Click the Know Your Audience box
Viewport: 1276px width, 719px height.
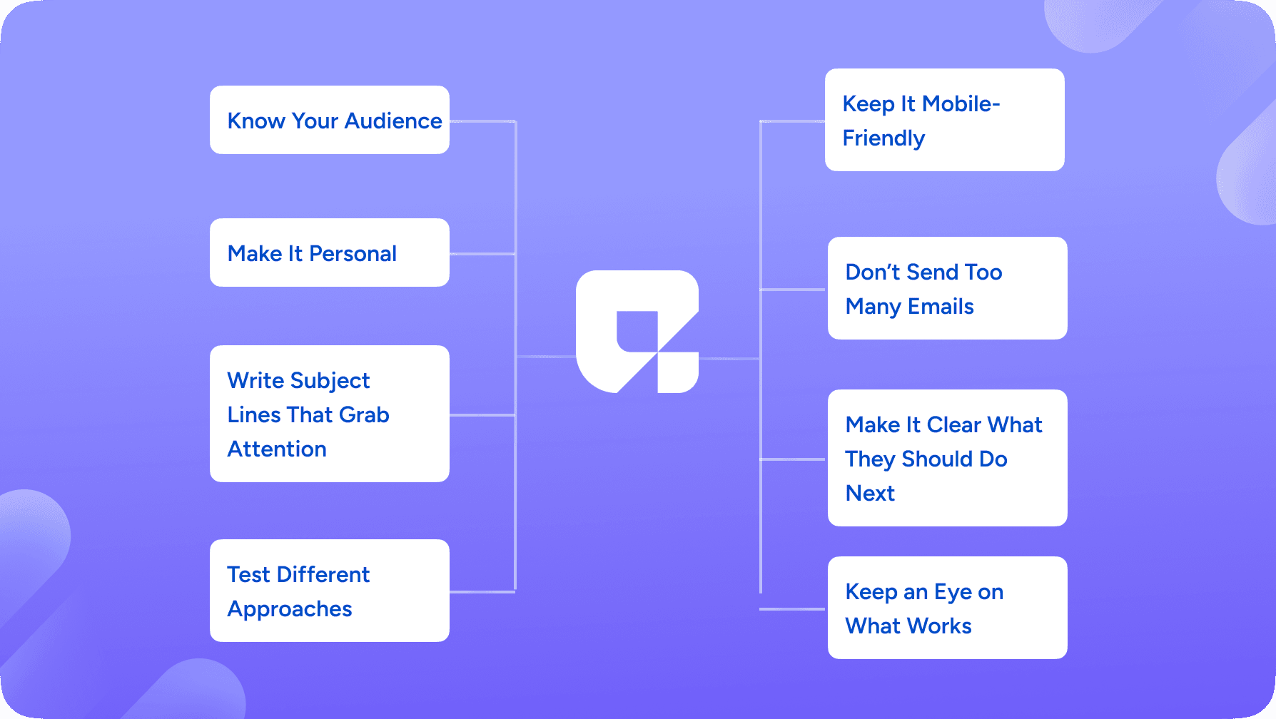[x=330, y=120]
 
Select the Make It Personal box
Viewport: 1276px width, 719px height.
[x=330, y=253]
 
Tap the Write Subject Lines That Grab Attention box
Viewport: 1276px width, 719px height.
[x=330, y=414]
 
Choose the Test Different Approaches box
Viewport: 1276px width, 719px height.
[x=330, y=591]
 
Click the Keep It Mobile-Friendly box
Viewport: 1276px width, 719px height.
[x=945, y=120]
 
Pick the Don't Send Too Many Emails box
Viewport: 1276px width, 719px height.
[x=948, y=288]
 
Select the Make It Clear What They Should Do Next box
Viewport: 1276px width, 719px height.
[x=948, y=458]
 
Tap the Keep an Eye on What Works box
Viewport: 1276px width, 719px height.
[x=948, y=608]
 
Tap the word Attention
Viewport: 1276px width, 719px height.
[x=277, y=449]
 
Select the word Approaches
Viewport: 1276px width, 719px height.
[x=290, y=610]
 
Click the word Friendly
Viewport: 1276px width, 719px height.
[x=883, y=139]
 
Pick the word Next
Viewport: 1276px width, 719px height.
[x=870, y=494]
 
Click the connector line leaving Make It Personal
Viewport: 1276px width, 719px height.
[x=482, y=253]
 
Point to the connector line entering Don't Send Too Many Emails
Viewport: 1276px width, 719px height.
[x=794, y=289]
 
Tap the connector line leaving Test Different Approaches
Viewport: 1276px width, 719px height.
[x=482, y=591]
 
